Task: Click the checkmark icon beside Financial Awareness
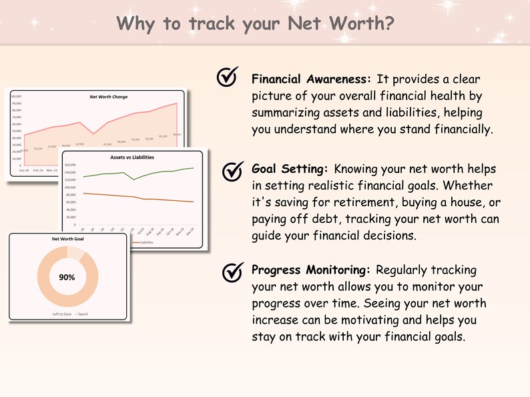point(228,78)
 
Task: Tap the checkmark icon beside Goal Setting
point(231,171)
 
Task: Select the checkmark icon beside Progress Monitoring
point(231,272)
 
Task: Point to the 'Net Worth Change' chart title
point(109,97)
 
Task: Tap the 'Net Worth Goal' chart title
point(67,238)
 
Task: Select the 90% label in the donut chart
point(67,276)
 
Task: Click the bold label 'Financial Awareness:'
point(310,79)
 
